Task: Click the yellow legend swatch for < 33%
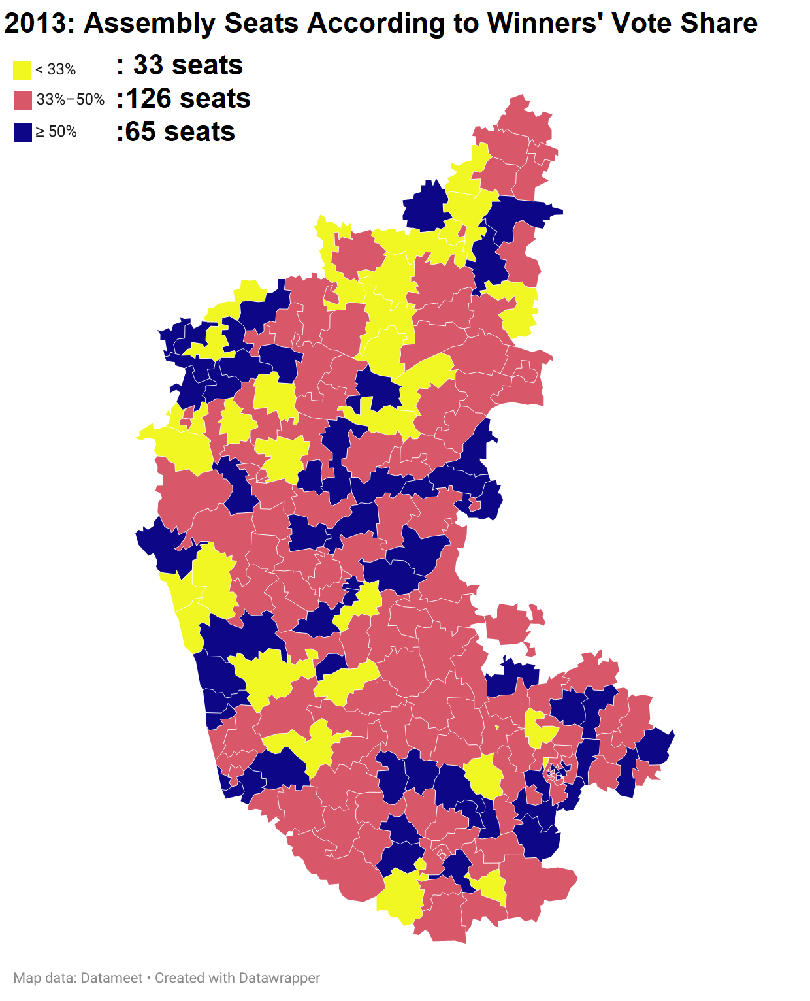point(22,70)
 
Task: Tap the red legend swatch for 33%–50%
point(22,101)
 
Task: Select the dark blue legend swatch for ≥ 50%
point(22,133)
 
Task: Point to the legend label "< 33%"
point(56,69)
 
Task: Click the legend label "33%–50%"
point(71,100)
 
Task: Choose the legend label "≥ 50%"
point(56,132)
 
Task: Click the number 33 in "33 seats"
point(148,65)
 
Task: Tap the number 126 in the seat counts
point(149,99)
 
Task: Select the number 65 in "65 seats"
point(140,132)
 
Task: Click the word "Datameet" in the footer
point(112,978)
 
